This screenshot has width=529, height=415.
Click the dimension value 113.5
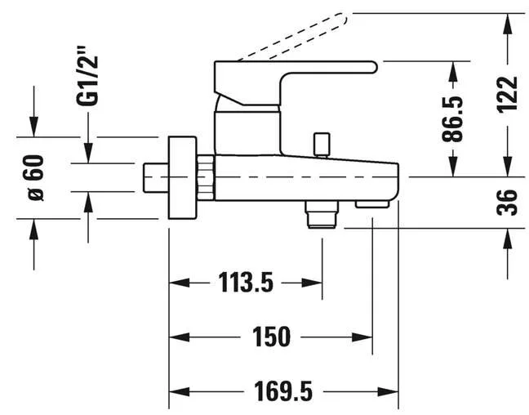[x=246, y=283]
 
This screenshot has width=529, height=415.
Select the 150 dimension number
[x=271, y=337]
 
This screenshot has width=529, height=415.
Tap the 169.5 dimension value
[x=283, y=391]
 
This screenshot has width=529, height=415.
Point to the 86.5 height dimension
[x=452, y=118]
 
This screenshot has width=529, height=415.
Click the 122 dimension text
[x=507, y=93]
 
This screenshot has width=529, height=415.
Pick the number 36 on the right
[x=507, y=203]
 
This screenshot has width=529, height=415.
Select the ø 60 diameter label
[x=36, y=178]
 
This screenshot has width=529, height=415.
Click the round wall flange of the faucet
[x=182, y=177]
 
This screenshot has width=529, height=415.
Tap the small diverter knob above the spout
[x=322, y=145]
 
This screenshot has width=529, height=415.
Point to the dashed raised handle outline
[x=294, y=37]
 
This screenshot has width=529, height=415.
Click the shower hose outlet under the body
[x=322, y=215]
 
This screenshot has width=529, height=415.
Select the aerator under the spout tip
[x=372, y=204]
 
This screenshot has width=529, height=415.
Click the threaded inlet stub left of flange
[x=156, y=178]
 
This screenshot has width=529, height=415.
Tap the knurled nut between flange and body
[x=206, y=177]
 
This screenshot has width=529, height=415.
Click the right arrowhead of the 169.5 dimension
[x=389, y=391]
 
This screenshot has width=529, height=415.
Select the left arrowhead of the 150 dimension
[x=179, y=337]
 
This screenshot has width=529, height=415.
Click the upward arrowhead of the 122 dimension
[x=507, y=24]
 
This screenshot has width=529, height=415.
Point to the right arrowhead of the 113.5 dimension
[x=312, y=283]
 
